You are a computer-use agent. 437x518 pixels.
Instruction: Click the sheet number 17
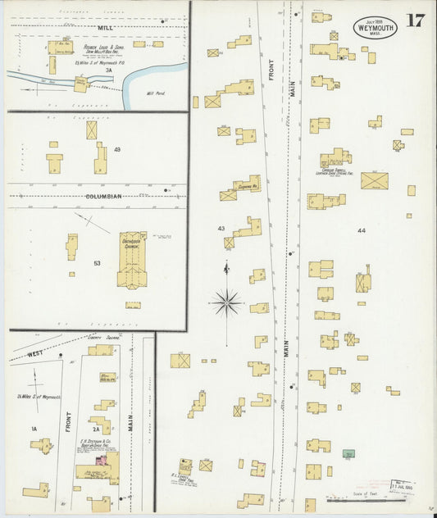(x=415, y=20)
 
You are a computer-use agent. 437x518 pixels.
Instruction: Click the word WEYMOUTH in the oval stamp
(x=373, y=27)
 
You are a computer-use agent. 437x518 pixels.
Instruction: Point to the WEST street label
(x=35, y=353)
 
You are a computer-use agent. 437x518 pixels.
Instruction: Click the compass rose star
(x=227, y=302)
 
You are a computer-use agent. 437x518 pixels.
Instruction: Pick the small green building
(x=349, y=453)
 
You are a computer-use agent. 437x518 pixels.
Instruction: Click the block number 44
(x=362, y=232)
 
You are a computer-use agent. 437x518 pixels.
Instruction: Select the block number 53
(x=98, y=263)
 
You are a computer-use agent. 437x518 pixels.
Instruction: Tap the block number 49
(x=117, y=150)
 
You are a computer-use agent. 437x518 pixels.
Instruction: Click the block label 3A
(x=107, y=71)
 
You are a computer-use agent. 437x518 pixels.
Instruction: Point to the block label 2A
(x=96, y=428)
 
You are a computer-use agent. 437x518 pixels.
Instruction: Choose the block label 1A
(x=34, y=429)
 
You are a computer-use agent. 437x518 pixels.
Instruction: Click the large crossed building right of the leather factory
(x=374, y=180)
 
